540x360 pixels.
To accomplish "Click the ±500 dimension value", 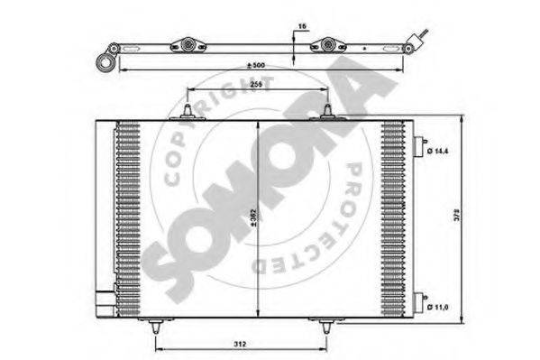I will coord(257,67).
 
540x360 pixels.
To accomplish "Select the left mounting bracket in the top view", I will coord(188,45).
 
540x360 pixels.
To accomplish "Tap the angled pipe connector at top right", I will coord(417,39).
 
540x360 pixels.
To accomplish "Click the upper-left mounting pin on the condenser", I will coord(186,112).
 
